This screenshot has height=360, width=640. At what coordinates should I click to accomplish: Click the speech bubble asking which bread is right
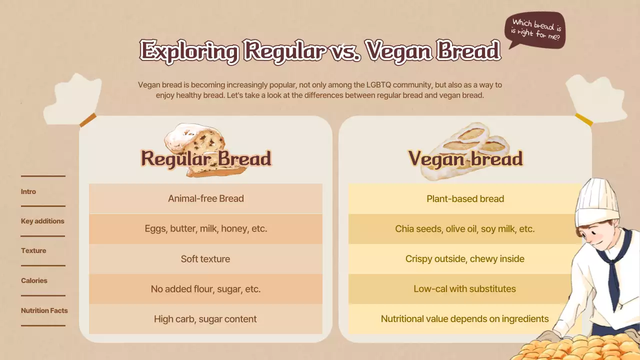(535, 31)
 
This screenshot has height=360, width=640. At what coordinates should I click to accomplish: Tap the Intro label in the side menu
(28, 191)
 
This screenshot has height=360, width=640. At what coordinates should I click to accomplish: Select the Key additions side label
(42, 221)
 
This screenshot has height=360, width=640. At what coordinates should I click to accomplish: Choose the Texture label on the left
(33, 250)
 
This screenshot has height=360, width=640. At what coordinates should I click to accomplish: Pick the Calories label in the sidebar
(34, 280)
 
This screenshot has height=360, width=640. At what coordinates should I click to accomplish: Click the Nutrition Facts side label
(44, 310)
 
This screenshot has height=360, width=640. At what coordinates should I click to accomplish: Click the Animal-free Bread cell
(205, 198)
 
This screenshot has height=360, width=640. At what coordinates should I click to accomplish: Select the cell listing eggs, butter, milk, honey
(205, 228)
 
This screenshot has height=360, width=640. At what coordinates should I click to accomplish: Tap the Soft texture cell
(205, 259)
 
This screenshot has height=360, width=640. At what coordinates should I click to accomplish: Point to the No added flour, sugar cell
(205, 289)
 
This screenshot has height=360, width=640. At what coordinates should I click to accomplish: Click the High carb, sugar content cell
(205, 319)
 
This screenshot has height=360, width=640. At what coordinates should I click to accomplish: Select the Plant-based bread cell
(465, 198)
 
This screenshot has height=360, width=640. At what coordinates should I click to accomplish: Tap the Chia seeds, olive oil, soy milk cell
(465, 228)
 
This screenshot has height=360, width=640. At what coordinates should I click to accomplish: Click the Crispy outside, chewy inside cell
(465, 259)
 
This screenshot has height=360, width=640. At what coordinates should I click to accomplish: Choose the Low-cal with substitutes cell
(465, 289)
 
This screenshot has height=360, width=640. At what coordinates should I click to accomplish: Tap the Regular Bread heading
(205, 158)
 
